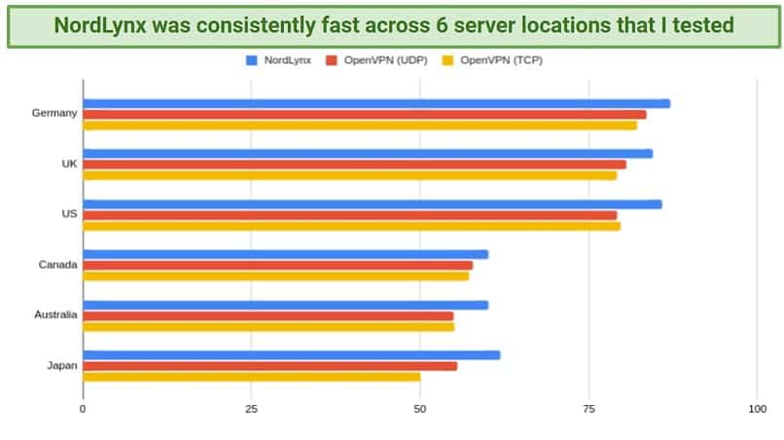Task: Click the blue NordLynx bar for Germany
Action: tap(375, 103)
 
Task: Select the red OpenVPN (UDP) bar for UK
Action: tap(354, 165)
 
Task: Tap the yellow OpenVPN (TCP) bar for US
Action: tap(351, 226)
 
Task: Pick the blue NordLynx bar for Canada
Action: tap(285, 254)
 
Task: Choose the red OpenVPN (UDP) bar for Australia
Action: tap(267, 315)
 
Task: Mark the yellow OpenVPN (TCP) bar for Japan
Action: tap(251, 377)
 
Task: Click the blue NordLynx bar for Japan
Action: tap(291, 354)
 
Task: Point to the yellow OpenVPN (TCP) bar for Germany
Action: tap(359, 125)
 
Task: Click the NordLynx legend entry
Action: tap(281, 60)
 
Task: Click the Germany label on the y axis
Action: tap(53, 114)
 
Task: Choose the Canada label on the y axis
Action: tap(57, 265)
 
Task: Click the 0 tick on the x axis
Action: tap(83, 410)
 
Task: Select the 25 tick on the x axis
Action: tap(251, 410)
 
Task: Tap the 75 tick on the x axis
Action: tap(588, 410)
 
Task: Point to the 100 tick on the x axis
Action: tap(757, 410)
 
